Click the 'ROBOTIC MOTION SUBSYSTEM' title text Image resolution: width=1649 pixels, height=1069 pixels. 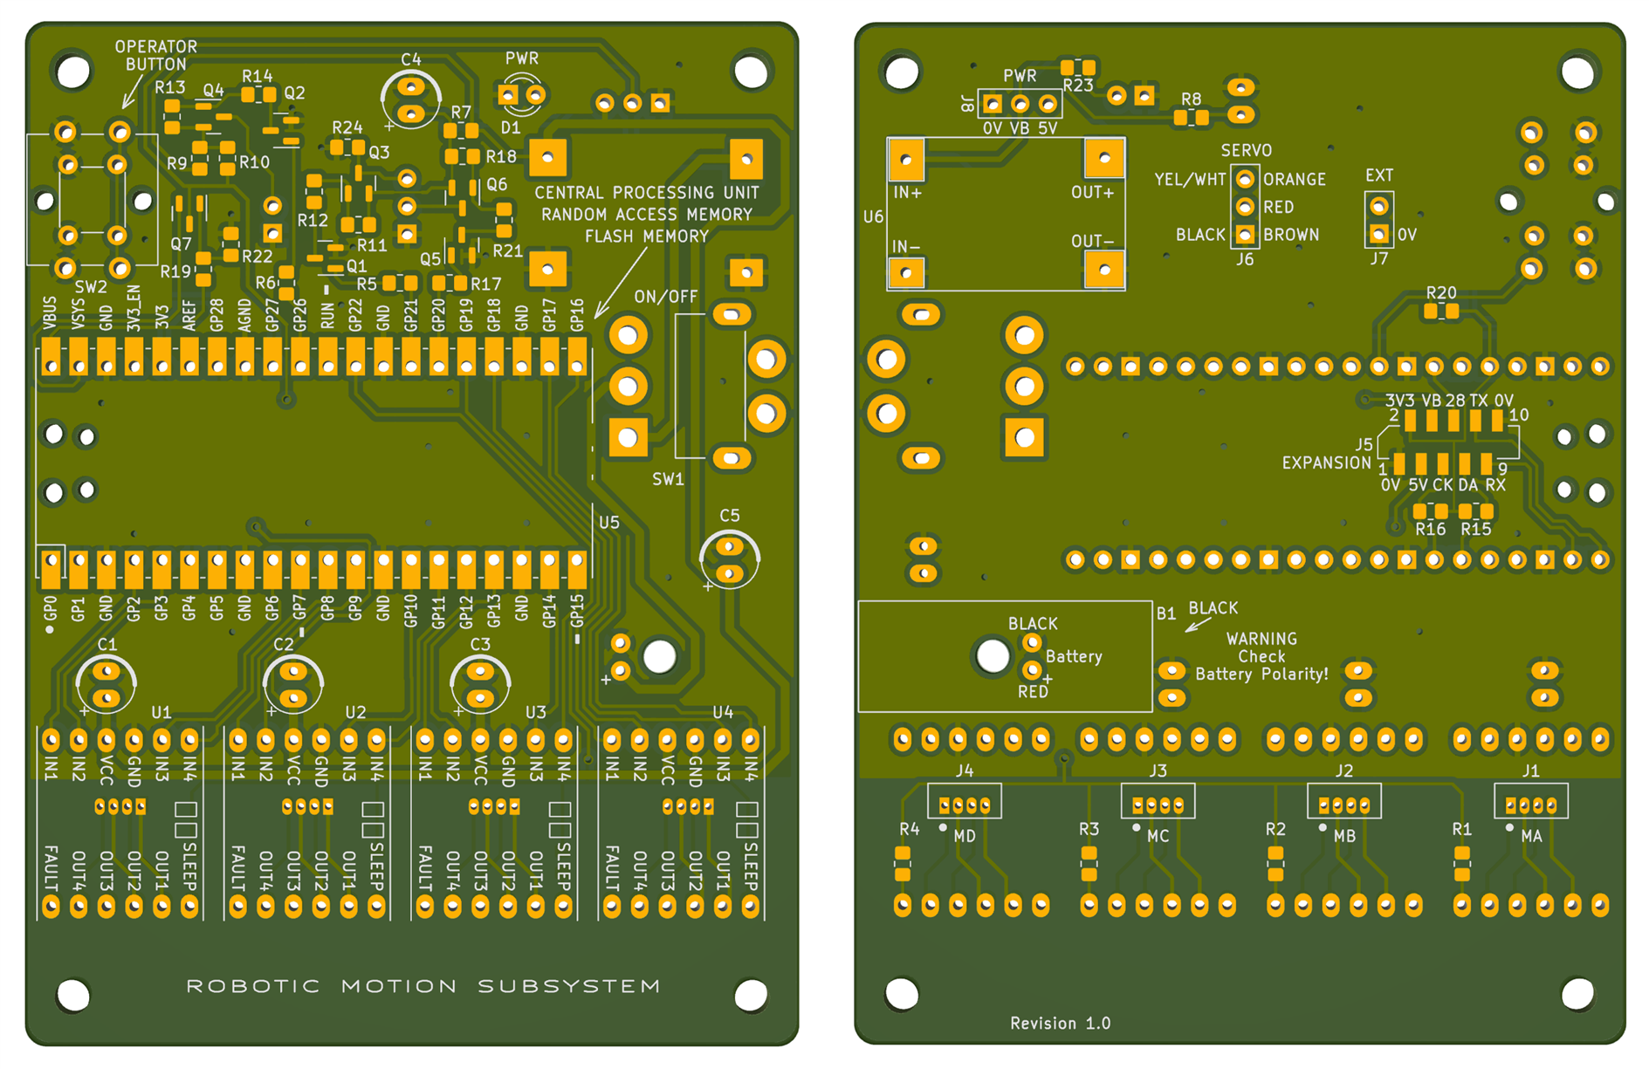(x=423, y=986)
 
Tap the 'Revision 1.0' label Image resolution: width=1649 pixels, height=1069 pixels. (x=1060, y=1023)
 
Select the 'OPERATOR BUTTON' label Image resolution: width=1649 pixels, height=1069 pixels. (x=155, y=55)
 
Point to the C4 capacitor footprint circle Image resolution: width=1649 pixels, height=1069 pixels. (x=410, y=99)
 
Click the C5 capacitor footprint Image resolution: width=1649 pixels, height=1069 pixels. (x=730, y=559)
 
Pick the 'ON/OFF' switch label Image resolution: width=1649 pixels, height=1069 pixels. (x=665, y=297)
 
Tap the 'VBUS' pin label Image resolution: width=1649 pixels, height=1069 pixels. (x=50, y=313)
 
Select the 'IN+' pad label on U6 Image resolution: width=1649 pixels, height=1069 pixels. (x=908, y=193)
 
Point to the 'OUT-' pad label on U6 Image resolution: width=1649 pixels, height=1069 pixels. (x=1093, y=241)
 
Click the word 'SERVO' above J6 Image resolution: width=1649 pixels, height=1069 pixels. (x=1246, y=150)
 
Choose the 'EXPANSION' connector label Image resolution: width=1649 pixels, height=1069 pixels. (x=1325, y=463)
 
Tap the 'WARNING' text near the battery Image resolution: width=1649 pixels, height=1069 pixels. (x=1261, y=639)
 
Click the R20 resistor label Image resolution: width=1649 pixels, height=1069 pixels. (x=1441, y=293)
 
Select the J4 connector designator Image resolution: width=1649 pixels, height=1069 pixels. (x=964, y=771)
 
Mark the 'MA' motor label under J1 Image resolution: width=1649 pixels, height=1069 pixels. (x=1531, y=836)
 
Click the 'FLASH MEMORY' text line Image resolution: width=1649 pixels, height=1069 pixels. (x=646, y=236)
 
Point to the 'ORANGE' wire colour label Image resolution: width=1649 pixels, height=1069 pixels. (x=1295, y=179)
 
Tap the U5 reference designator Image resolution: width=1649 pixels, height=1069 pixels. (x=608, y=522)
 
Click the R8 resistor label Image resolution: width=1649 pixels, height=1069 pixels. (x=1191, y=99)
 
